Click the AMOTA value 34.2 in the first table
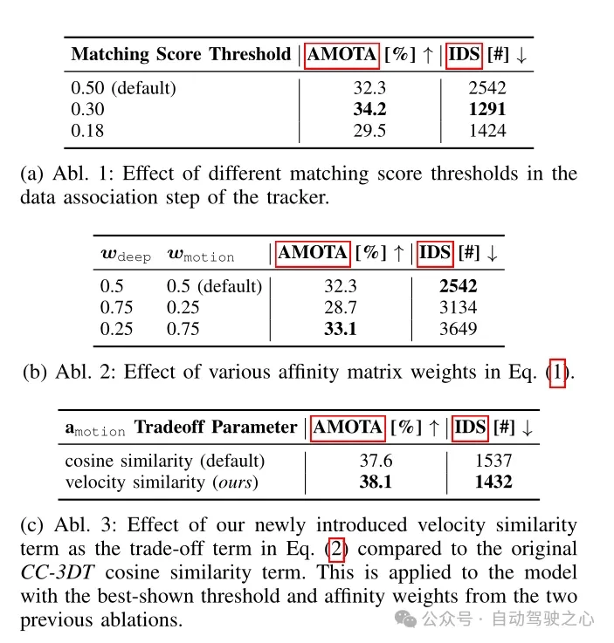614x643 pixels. coord(369,110)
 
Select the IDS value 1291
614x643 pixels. coord(486,110)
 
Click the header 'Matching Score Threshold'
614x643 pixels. coord(181,54)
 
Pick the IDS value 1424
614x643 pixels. coord(486,131)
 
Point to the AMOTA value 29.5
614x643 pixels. coord(369,131)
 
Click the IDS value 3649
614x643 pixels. coord(459,329)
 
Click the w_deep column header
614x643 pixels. coord(126,255)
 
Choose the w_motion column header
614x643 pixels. coord(200,255)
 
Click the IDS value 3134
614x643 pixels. coord(459,308)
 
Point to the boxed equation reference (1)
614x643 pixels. coord(556,373)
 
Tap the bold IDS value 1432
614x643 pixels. coord(493,482)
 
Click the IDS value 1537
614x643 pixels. coord(493,460)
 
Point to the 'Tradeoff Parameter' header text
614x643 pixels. coord(215,428)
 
